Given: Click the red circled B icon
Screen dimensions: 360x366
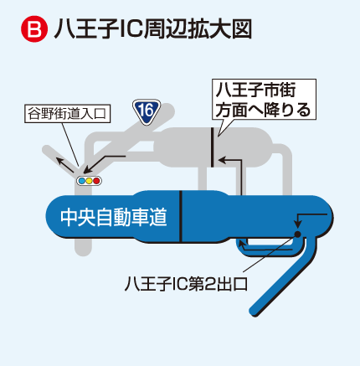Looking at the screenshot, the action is coord(34,28).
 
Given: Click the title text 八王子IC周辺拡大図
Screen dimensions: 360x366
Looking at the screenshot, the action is coord(153,28).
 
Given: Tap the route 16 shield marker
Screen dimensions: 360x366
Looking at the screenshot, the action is coord(147,111).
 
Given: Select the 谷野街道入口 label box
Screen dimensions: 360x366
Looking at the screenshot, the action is coord(68,114).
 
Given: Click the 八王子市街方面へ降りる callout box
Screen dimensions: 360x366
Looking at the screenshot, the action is coord(264,100).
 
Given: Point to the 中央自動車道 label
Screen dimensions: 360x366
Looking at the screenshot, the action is coord(114,217).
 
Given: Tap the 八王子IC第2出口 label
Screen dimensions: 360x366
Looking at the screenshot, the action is coord(186,284).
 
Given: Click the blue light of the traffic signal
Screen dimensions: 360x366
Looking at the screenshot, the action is coord(82,181).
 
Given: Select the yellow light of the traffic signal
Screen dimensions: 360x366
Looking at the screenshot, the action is coord(89,181).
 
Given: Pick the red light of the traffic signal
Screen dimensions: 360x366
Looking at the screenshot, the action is coord(96,181).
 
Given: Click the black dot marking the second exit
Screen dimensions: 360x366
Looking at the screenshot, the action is coord(298,234).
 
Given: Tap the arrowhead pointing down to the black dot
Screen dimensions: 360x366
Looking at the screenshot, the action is coord(298,224).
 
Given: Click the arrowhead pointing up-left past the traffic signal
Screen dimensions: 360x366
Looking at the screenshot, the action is coord(59,161).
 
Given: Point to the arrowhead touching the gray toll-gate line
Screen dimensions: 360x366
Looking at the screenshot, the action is coord(222,160).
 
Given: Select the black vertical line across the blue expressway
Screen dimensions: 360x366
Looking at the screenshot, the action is coord(181,216).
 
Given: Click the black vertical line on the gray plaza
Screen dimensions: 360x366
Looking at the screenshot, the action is coord(212,147).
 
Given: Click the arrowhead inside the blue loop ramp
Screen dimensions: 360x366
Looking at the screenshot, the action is coord(242,245).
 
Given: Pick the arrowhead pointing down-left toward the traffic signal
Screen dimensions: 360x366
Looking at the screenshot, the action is coord(87,170).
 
